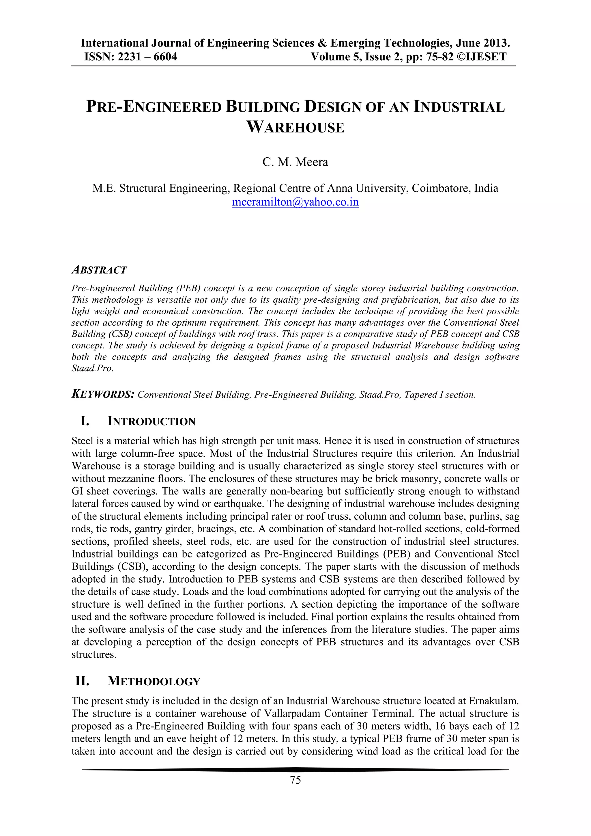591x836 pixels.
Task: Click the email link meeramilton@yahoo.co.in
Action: tap(295, 202)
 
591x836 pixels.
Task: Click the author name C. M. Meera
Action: tap(295, 162)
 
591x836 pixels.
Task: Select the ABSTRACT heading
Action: tap(99, 270)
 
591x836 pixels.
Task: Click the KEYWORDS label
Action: tap(103, 394)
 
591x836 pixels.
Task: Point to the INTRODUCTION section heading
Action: tap(152, 422)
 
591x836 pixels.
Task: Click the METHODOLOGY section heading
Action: tap(154, 681)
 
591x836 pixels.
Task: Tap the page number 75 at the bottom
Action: tap(295, 780)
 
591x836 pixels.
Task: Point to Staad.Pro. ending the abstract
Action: tap(92, 368)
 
